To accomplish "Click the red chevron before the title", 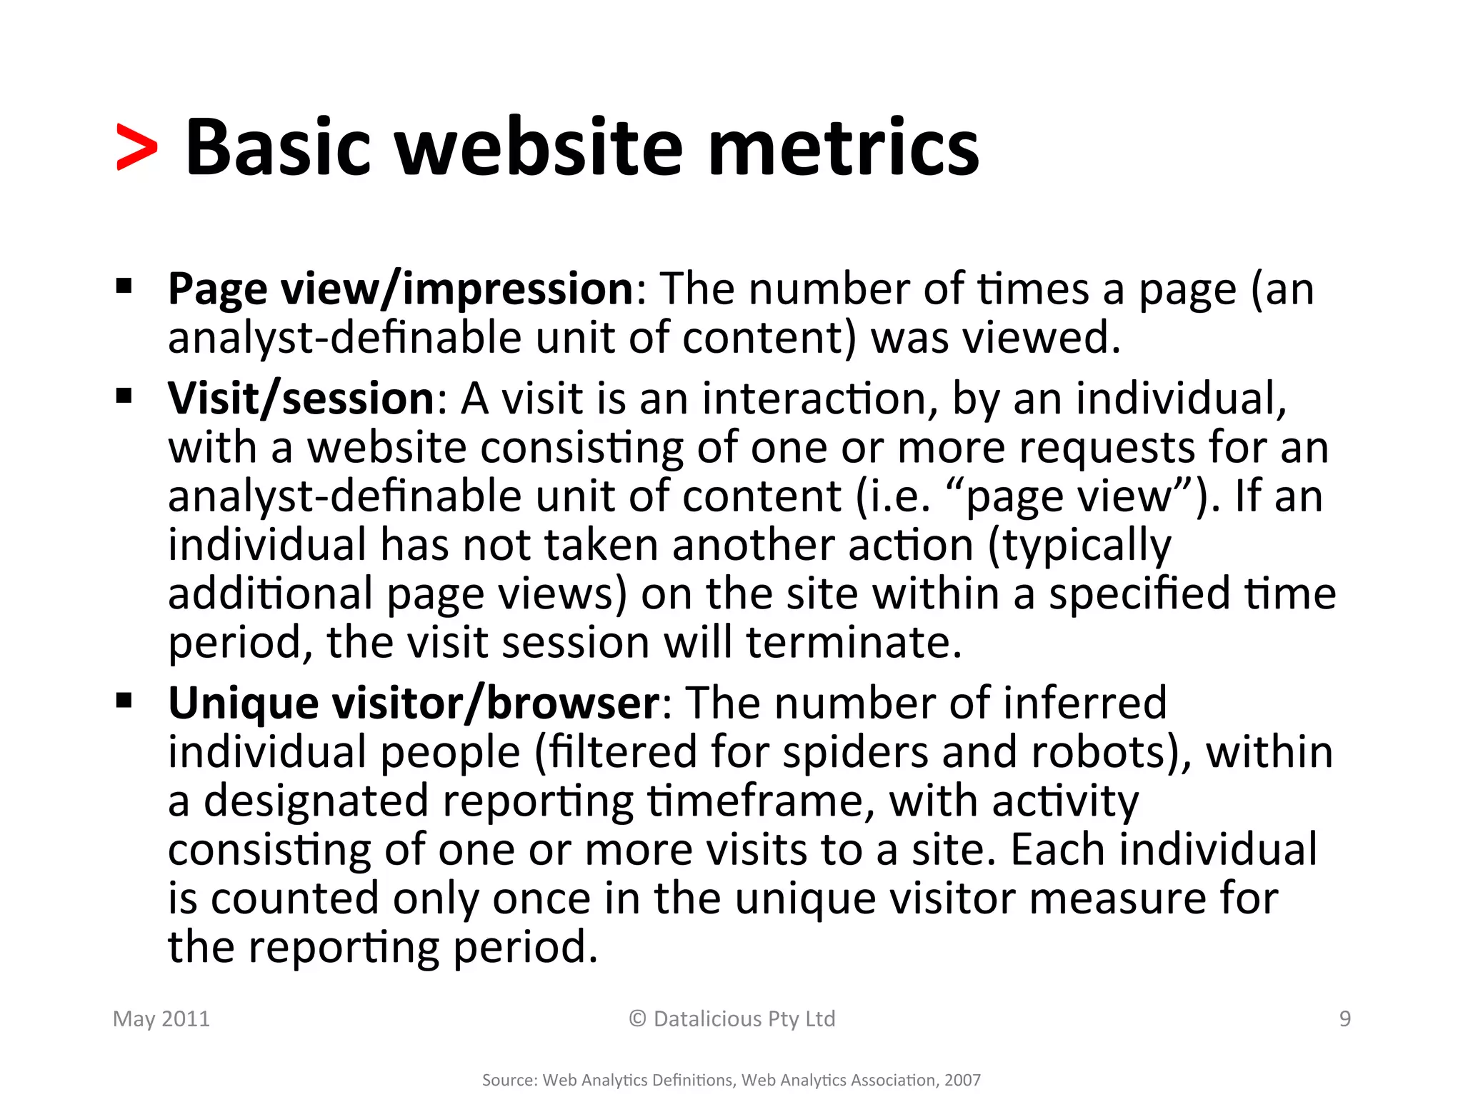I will (x=136, y=148).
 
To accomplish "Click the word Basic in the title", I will (x=278, y=148).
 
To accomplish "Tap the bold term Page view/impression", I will (x=401, y=289).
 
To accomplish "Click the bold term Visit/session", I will (x=301, y=398).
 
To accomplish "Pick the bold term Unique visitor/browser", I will (x=414, y=703).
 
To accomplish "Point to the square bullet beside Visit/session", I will (x=124, y=395).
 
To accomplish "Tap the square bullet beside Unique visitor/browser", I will (x=124, y=701).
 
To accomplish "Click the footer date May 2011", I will (x=161, y=1019).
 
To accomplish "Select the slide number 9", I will (x=1344, y=1019).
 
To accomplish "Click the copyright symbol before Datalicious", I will (x=637, y=1018).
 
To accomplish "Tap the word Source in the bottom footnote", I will (x=509, y=1080).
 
